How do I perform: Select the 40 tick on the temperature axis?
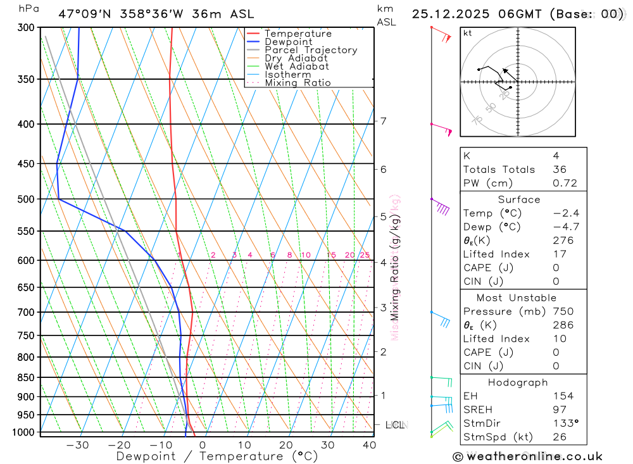[369, 445]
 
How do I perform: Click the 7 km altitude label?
[384, 121]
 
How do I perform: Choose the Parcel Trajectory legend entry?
[311, 50]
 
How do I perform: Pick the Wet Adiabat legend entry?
[297, 66]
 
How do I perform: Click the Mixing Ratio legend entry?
[298, 83]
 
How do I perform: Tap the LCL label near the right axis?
[394, 425]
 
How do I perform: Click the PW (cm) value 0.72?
[565, 184]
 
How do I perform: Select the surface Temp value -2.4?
[566, 213]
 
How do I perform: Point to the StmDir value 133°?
[566, 423]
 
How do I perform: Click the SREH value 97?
[559, 410]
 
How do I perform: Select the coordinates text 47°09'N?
[80, 14]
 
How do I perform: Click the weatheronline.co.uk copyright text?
[527, 456]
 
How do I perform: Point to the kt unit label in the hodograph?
[468, 33]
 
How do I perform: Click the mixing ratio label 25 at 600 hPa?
[365, 255]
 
